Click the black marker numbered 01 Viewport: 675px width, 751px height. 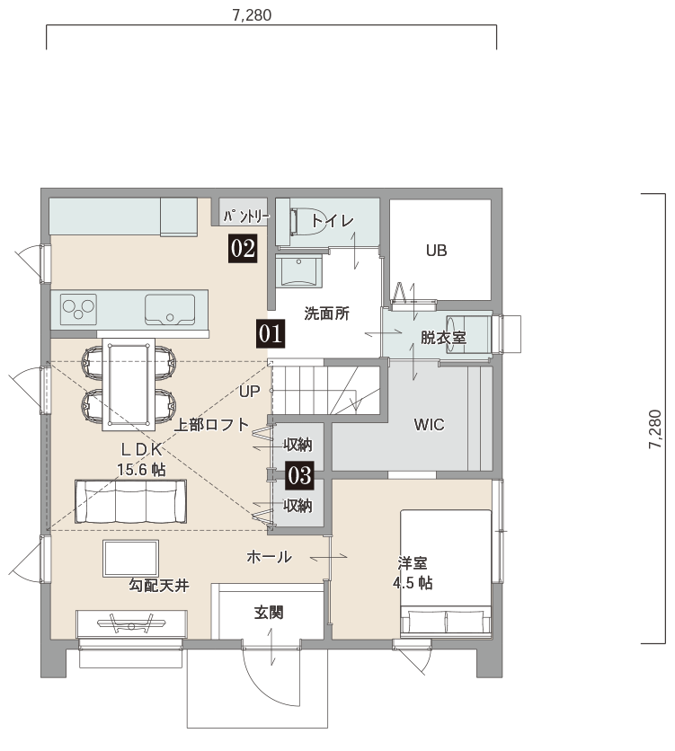[x=271, y=333]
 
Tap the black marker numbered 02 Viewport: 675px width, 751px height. [x=243, y=249]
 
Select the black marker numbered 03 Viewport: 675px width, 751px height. [x=300, y=475]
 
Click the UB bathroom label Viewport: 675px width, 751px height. [x=437, y=251]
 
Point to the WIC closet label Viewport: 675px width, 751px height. [x=429, y=425]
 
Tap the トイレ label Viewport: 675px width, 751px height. [x=333, y=221]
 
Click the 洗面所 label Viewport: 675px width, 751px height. [x=327, y=314]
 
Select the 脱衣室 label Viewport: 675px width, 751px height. [x=443, y=338]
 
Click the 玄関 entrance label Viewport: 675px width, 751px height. [x=269, y=612]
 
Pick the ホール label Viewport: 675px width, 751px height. [x=270, y=557]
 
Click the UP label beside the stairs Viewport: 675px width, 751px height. [x=250, y=392]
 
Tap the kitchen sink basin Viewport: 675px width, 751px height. [x=170, y=309]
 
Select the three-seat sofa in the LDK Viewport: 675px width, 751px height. [x=130, y=501]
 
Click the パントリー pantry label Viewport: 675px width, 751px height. [x=246, y=217]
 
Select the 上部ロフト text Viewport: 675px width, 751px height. [x=211, y=425]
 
